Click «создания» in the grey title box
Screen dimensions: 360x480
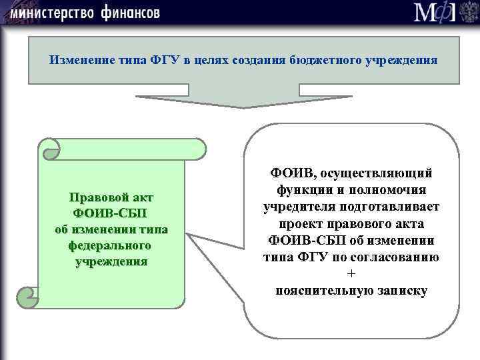[x=261, y=60]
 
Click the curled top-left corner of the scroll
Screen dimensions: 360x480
[x=49, y=151]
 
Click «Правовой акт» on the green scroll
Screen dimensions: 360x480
[x=111, y=198]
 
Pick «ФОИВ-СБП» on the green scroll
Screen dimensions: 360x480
[x=111, y=213]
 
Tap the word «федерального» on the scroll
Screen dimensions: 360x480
[x=111, y=245]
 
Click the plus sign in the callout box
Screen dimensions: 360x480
[x=351, y=275]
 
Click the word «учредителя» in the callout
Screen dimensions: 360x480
[x=294, y=207]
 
